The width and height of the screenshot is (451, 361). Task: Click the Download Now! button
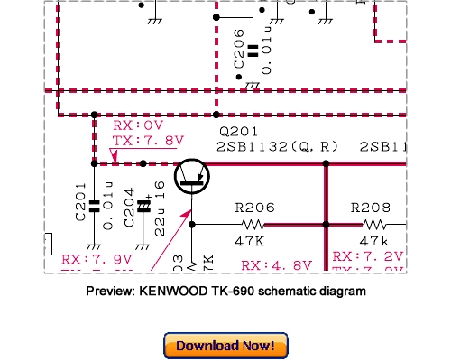point(225,345)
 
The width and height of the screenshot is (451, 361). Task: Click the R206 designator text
point(255,205)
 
